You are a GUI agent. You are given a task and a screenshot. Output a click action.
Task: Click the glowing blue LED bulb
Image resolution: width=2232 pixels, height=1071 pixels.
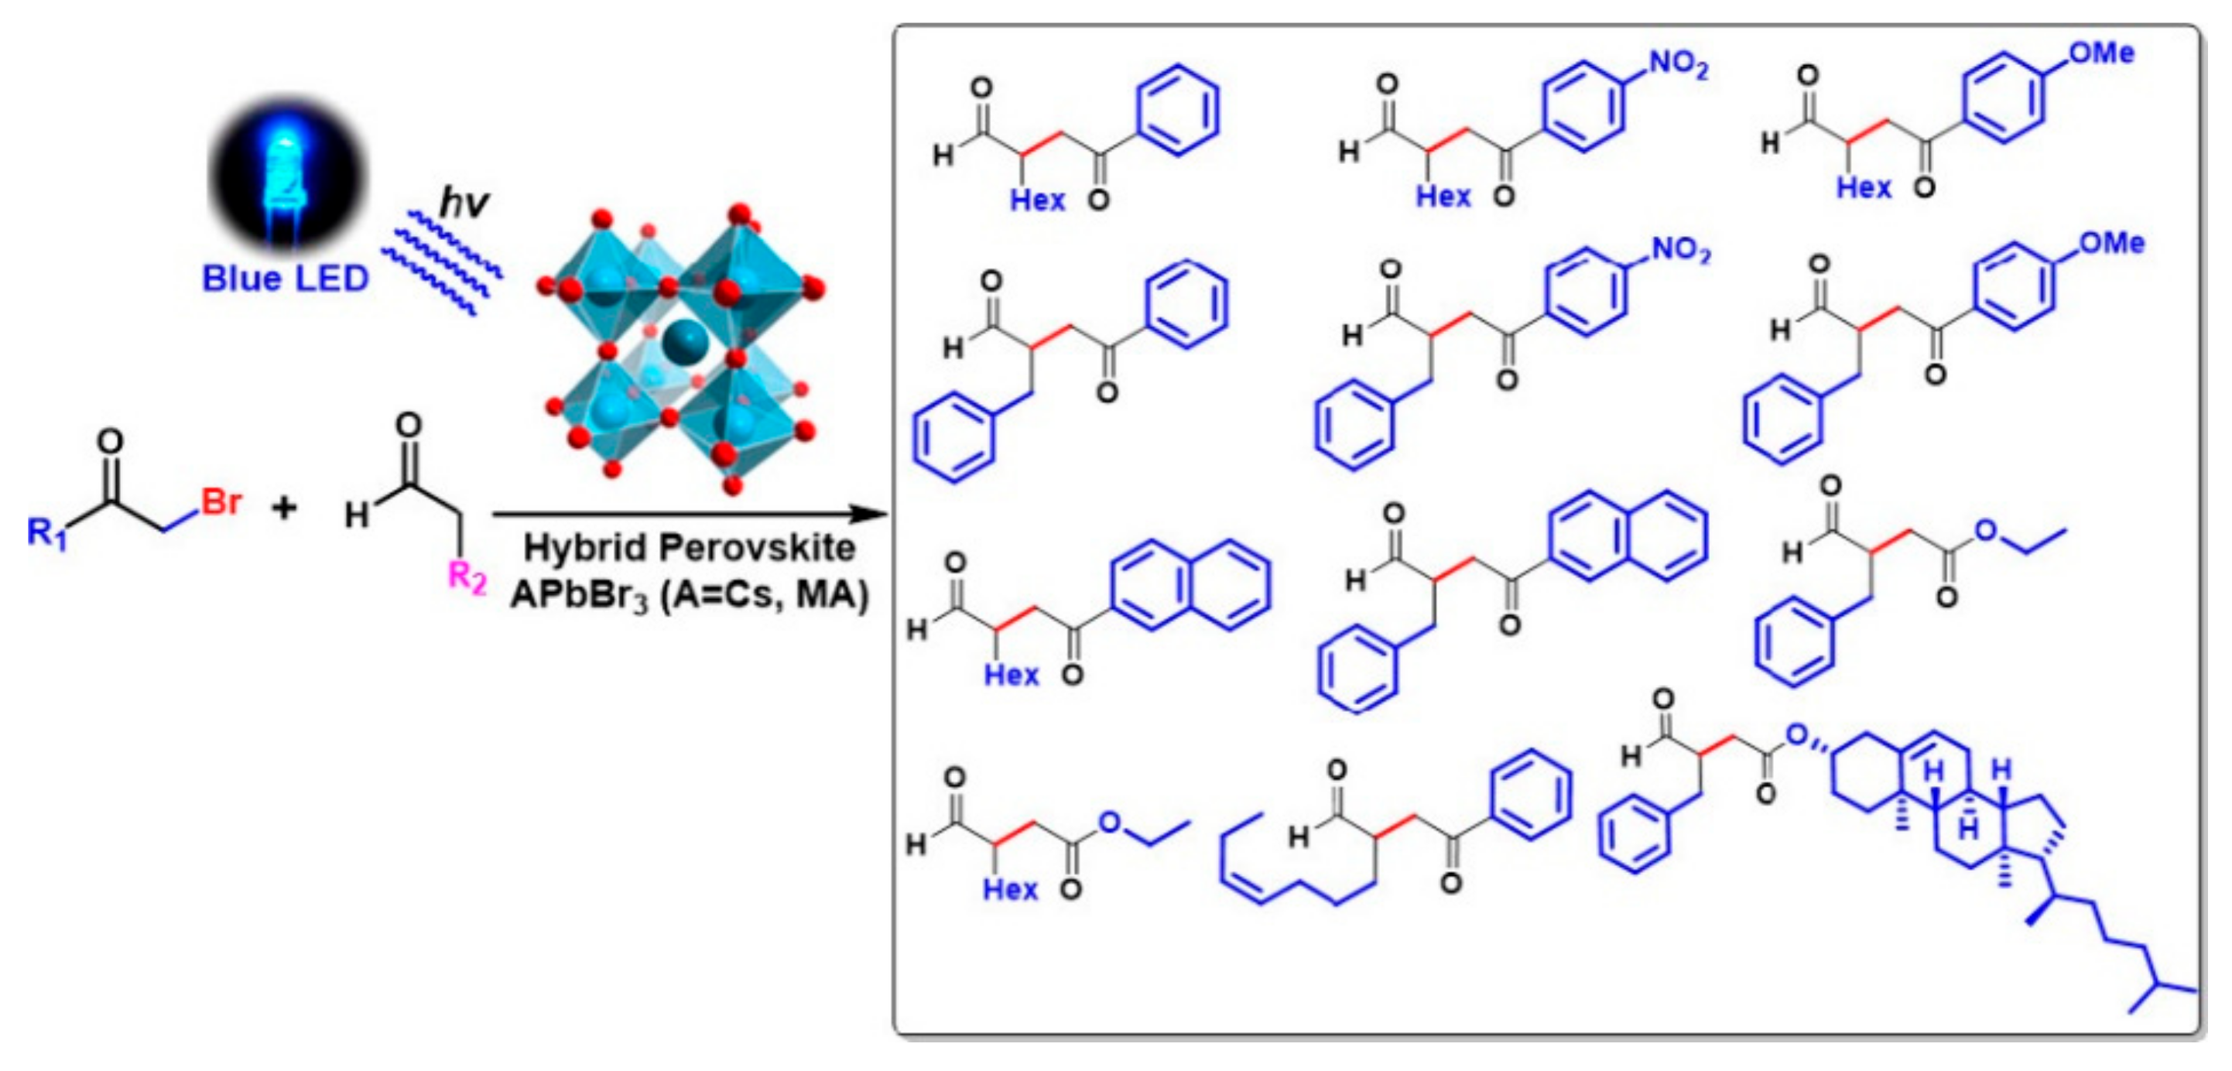286,173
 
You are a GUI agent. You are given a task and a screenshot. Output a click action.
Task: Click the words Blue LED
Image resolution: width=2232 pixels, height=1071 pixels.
285,279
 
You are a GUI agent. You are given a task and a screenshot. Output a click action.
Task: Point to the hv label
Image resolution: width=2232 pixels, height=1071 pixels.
464,203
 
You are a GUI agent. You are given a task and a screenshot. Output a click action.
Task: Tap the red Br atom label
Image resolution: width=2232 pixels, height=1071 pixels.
222,501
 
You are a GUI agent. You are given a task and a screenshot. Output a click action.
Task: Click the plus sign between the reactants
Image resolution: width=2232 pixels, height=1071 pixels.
284,508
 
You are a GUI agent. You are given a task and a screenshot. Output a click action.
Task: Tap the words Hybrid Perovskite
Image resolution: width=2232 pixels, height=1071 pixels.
689,548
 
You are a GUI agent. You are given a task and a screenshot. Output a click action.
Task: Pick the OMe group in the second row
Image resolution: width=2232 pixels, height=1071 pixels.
2111,244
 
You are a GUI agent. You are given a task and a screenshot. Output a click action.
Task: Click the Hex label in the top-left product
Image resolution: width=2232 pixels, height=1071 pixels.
1036,200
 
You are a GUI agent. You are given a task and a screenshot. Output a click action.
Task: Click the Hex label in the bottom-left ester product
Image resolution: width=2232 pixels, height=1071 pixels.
1009,889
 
